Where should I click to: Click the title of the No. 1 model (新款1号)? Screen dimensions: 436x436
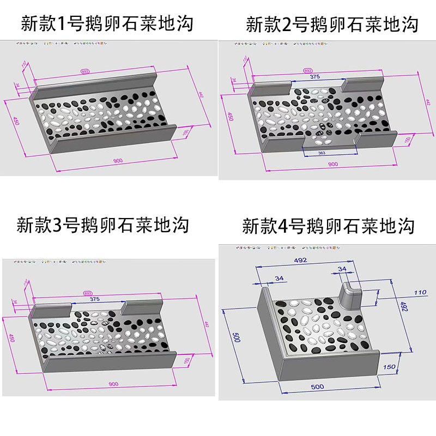point(107,23)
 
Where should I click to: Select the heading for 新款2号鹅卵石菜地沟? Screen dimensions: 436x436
point(332,25)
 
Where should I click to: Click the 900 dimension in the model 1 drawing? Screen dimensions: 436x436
point(117,161)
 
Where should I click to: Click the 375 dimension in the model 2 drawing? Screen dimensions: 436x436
point(315,77)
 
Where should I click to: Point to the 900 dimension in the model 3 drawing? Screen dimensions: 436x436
point(113,384)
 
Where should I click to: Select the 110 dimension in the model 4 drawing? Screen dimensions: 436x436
point(420,293)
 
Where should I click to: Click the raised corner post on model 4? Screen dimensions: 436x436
point(349,297)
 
